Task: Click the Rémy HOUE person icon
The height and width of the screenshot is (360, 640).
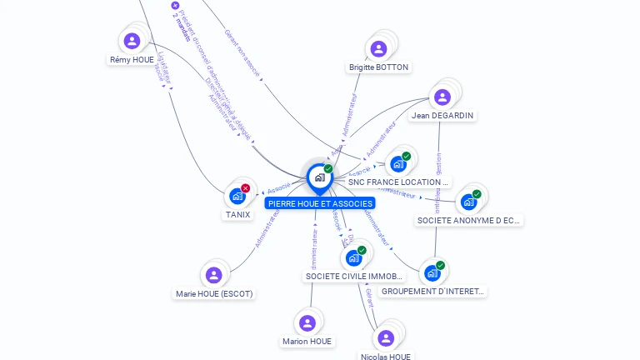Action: [132, 40]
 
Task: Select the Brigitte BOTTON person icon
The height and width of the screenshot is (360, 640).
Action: [378, 48]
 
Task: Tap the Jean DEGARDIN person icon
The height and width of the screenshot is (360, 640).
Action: [442, 97]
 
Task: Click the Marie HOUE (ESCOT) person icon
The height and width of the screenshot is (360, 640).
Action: [213, 275]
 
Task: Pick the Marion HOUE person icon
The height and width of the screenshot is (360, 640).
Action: [307, 323]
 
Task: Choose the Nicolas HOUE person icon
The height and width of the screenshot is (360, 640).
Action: [385, 337]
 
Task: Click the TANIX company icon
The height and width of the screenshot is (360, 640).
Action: [237, 197]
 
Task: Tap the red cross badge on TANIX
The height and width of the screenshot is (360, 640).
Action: [245, 188]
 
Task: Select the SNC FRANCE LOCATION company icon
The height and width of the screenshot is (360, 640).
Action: [398, 163]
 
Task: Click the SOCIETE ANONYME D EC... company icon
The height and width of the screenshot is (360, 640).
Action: [468, 202]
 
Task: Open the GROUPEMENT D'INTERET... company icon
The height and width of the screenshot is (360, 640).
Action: [432, 272]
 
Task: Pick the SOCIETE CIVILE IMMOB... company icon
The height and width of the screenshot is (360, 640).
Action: [353, 257]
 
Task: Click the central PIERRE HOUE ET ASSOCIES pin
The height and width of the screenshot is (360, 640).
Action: [319, 177]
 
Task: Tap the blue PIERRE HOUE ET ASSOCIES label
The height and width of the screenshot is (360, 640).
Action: [320, 203]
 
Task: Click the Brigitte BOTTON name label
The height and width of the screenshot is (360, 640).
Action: [380, 67]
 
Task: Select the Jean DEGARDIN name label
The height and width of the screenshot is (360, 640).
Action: [443, 116]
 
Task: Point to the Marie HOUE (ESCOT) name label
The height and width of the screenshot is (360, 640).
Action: [214, 293]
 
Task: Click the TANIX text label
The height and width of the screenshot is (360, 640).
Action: [237, 215]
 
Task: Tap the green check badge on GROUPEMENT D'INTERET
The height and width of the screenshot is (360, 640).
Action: [440, 265]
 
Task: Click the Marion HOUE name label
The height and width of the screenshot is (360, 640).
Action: [307, 342]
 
